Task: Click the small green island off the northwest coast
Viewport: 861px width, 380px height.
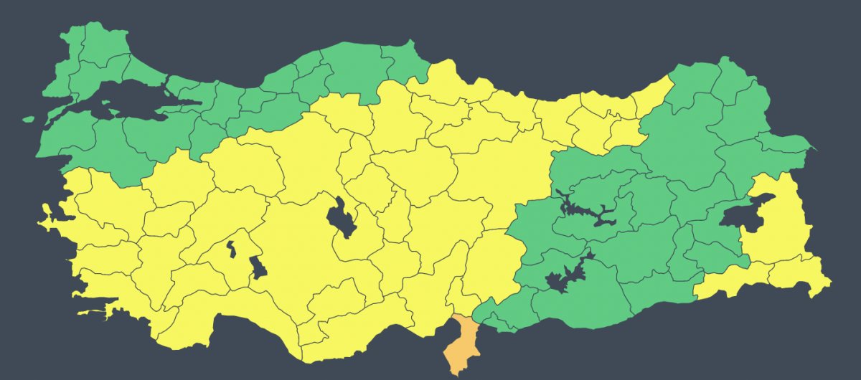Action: (x=29, y=120)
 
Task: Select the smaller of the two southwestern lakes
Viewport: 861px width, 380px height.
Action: (x=231, y=249)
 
